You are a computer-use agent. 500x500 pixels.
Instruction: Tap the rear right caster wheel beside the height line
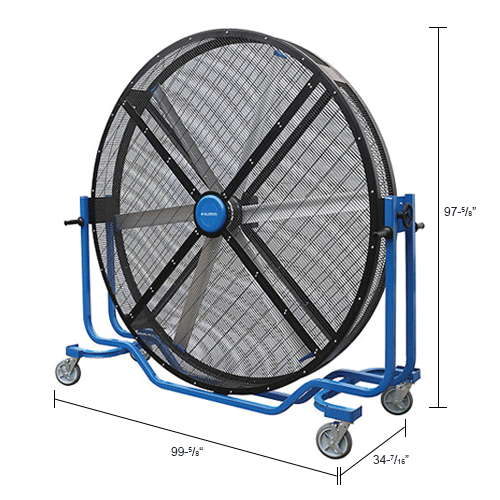[397, 399]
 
